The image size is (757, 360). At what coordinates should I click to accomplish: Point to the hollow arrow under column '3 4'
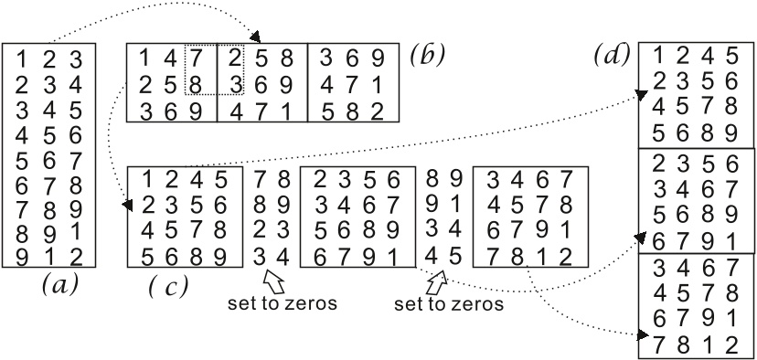[272, 275]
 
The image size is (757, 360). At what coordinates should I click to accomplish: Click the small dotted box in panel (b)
[215, 69]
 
